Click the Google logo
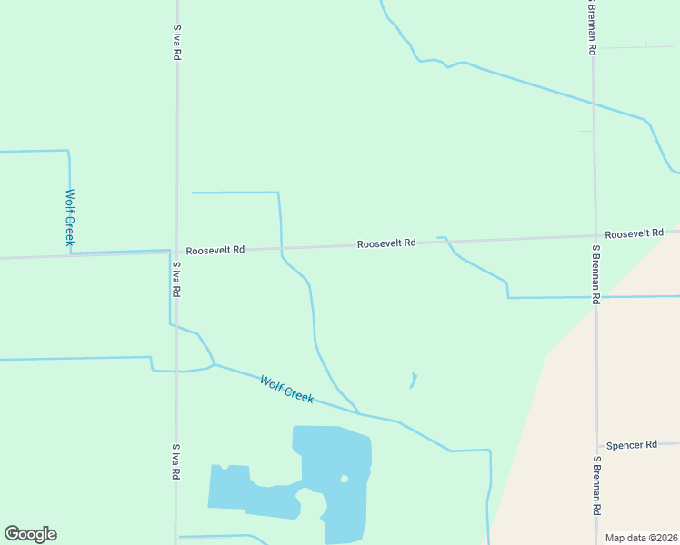(30, 534)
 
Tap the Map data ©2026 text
(641, 538)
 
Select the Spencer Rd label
(632, 445)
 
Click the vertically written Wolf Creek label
(69, 217)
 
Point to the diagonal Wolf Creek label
(286, 390)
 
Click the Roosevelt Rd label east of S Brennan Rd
(635, 234)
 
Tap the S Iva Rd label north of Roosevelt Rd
(176, 42)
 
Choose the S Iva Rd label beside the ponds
(176, 462)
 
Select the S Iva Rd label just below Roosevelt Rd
(176, 280)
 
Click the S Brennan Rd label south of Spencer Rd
(596, 487)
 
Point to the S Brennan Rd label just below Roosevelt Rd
(596, 273)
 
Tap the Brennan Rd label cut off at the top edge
(592, 27)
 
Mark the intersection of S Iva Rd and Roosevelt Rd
(176, 250)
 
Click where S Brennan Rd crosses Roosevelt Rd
(595, 237)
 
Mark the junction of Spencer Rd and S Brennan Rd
(596, 447)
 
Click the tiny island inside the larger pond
(344, 479)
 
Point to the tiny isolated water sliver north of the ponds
(414, 379)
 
